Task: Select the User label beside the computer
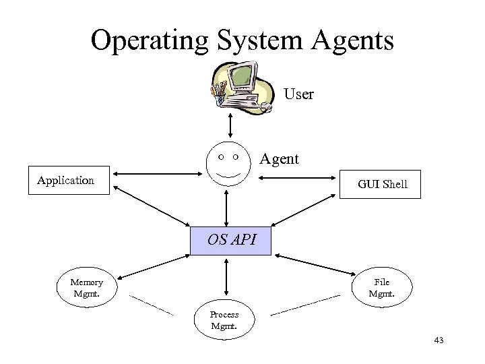pyautogui.click(x=298, y=94)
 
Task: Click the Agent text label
pyautogui.click(x=280, y=160)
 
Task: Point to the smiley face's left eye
pyautogui.click(x=222, y=156)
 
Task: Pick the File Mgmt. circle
pyautogui.click(x=381, y=288)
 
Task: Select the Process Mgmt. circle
pyautogui.click(x=223, y=320)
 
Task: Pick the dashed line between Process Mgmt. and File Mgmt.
pyautogui.click(x=304, y=305)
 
